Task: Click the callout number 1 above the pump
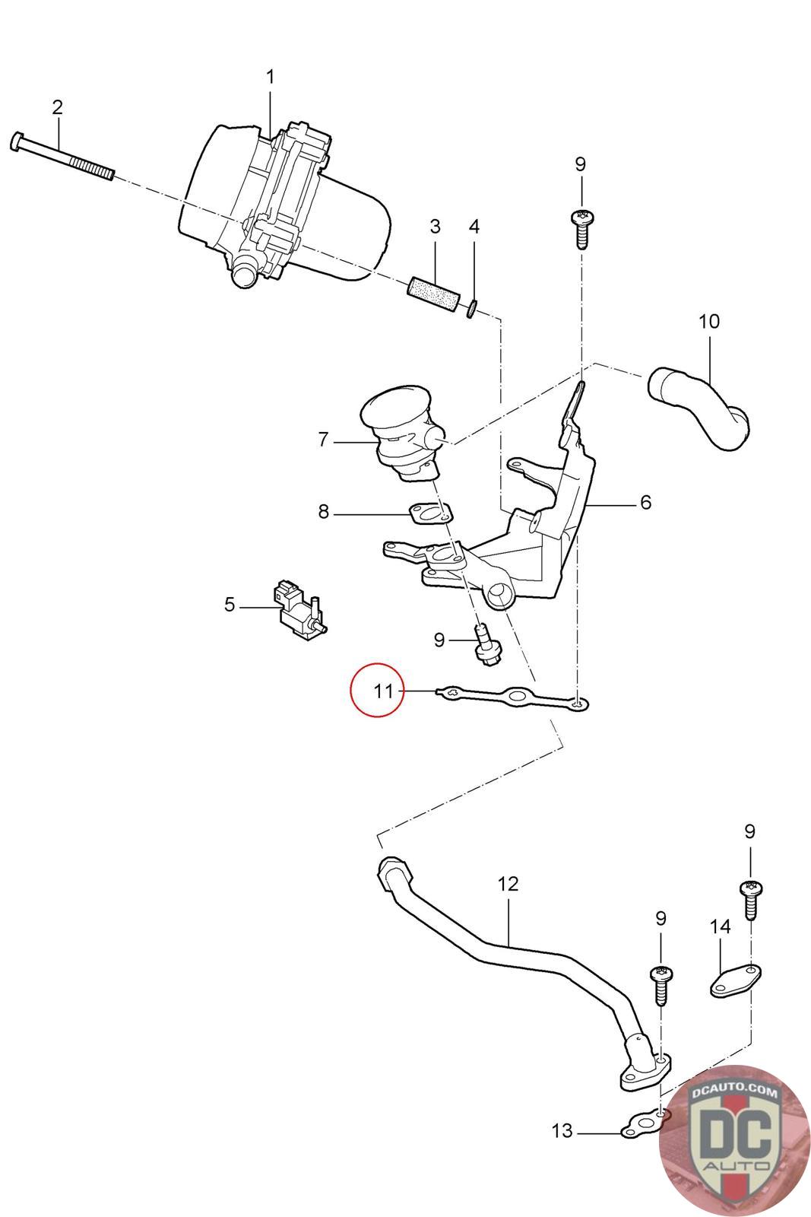tap(270, 77)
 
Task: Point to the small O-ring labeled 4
tap(472, 307)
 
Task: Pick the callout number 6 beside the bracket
tap(645, 502)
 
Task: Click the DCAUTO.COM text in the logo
tap(736, 1093)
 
